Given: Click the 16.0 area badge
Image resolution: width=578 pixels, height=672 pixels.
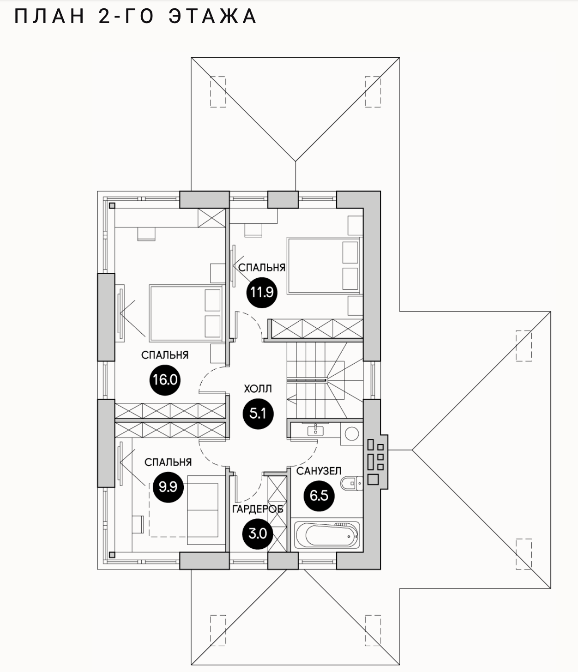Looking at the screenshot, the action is point(165,380).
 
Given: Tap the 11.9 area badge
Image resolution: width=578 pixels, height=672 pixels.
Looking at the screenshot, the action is point(262,292).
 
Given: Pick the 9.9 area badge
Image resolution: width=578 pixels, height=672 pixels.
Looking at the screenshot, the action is point(168,486).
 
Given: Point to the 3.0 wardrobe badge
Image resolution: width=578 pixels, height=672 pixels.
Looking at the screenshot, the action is point(258,534).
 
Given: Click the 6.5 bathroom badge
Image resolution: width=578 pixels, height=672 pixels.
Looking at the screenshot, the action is point(319,496).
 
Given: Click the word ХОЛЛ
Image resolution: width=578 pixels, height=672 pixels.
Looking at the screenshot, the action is point(258,389).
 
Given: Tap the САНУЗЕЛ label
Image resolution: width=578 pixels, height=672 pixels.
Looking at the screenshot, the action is point(319,471).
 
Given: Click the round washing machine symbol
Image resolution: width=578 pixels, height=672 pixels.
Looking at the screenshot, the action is point(352,434).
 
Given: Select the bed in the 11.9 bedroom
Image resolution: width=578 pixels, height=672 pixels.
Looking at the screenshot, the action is point(323,265).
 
